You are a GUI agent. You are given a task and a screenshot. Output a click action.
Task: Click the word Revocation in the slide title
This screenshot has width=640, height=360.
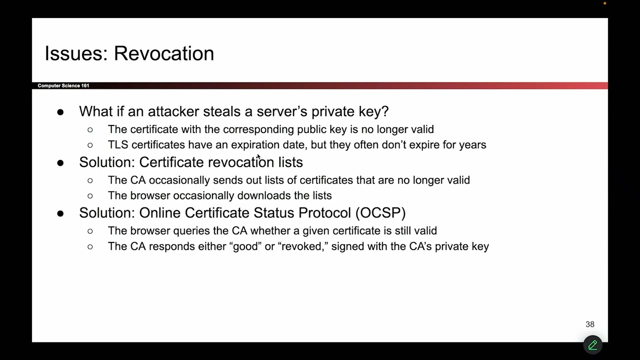coord(164,53)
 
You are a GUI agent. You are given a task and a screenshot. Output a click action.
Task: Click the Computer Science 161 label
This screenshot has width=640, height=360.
coord(63,85)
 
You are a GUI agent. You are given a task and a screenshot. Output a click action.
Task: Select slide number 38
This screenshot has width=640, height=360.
coord(590,324)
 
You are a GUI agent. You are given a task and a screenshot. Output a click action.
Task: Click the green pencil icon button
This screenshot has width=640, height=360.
coord(592,345)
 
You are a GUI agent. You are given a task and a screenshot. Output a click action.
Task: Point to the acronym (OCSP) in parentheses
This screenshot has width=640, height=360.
coord(380,213)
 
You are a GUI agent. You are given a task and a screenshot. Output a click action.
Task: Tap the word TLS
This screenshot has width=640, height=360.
coord(118,145)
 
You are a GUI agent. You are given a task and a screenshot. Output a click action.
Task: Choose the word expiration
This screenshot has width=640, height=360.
coord(255,145)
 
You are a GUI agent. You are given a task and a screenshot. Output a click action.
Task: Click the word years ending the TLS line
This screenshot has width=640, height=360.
coord(472,145)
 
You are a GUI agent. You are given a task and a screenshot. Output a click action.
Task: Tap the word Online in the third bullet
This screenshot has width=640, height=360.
coord(160,213)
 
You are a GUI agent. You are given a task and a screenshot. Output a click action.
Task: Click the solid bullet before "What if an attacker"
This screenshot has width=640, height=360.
coord(60,112)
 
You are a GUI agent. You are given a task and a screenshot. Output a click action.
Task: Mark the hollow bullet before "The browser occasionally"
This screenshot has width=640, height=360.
coord(90,196)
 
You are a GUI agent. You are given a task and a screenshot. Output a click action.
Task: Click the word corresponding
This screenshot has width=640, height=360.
coord(258,129)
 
